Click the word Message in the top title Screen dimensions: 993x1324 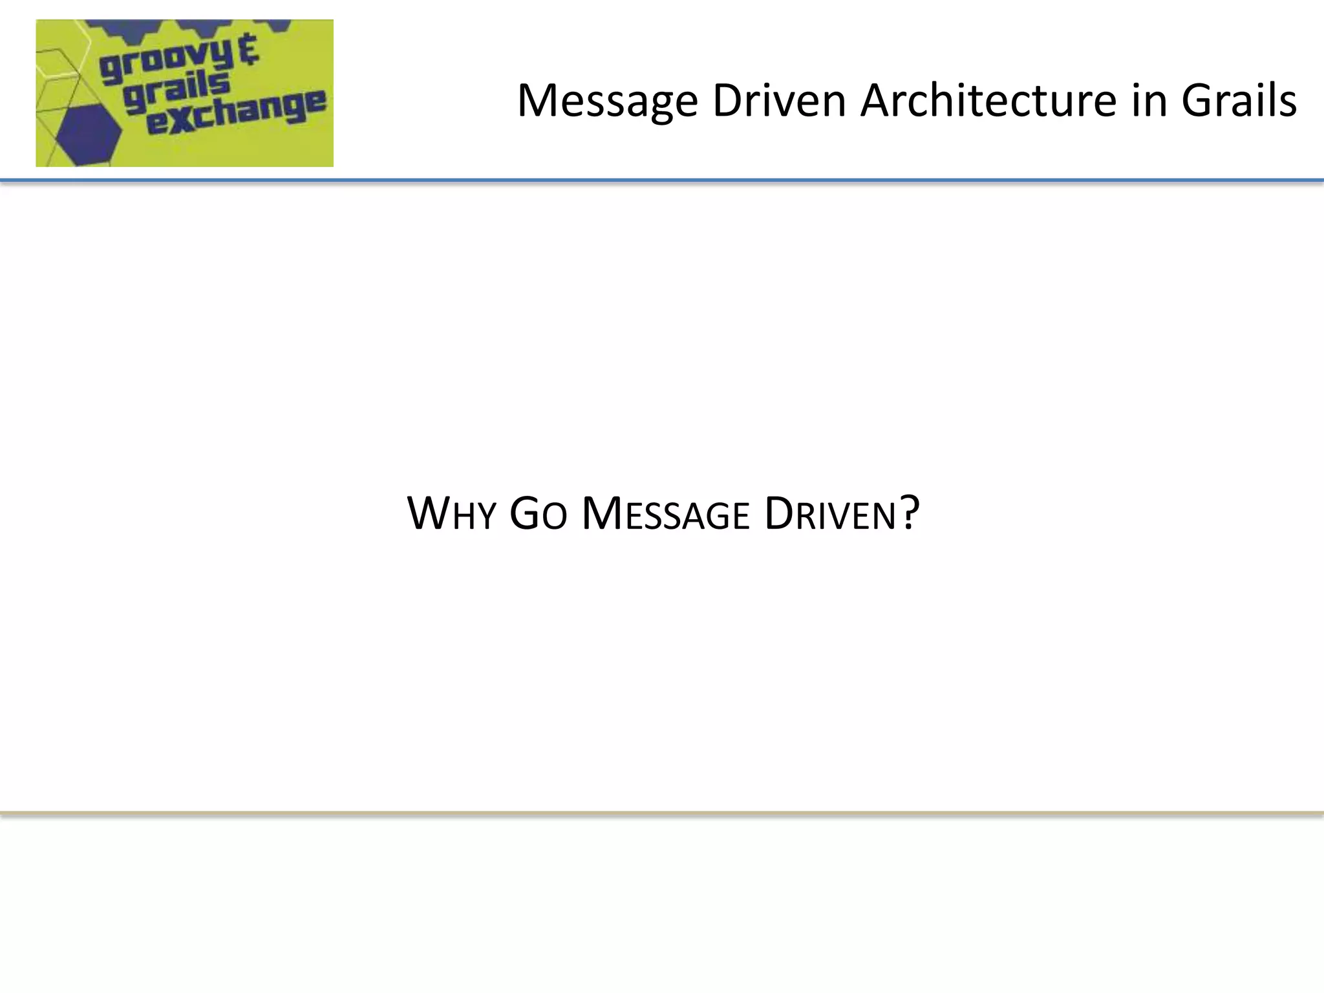607,101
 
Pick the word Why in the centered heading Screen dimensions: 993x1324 451,514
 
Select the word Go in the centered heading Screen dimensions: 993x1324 538,514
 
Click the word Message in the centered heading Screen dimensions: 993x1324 665,514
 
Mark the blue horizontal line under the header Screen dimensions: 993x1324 662,180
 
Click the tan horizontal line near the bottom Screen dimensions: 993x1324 662,813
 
